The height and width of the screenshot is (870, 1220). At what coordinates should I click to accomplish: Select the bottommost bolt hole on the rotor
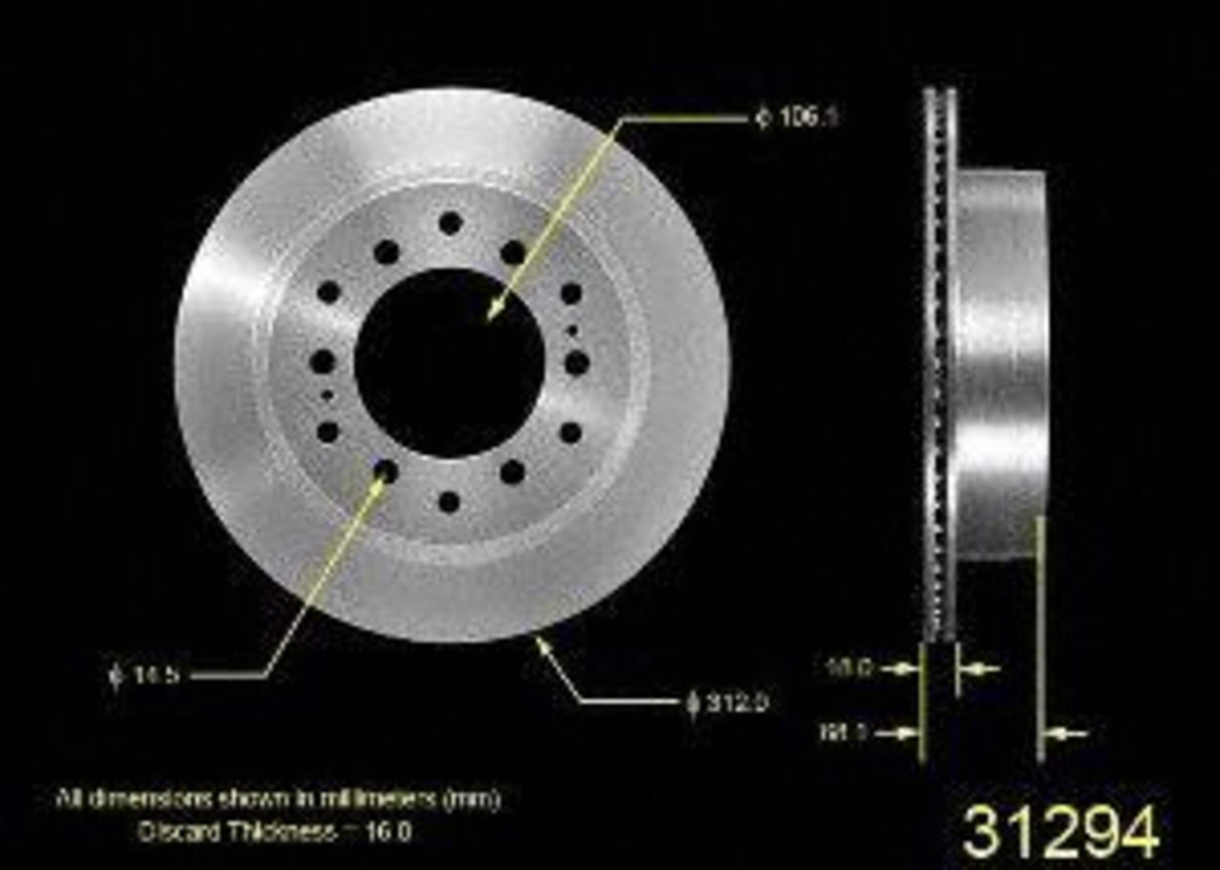(449, 502)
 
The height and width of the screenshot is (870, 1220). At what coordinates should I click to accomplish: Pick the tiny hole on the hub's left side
(327, 395)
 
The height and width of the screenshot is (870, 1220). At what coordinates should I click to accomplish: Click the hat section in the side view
(1001, 364)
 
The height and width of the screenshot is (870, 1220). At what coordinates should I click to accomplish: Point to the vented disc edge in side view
(939, 364)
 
